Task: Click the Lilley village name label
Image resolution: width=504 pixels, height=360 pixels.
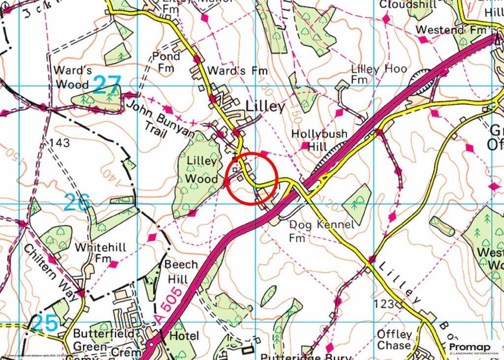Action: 265,107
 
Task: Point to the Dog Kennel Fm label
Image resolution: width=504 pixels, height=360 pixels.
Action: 321,231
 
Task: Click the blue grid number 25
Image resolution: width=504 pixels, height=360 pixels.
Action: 45,324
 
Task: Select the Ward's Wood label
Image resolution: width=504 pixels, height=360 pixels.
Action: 72,76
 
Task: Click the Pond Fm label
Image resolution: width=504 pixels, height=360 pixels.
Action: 166,62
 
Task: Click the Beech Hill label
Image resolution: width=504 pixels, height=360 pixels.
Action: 181,271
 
